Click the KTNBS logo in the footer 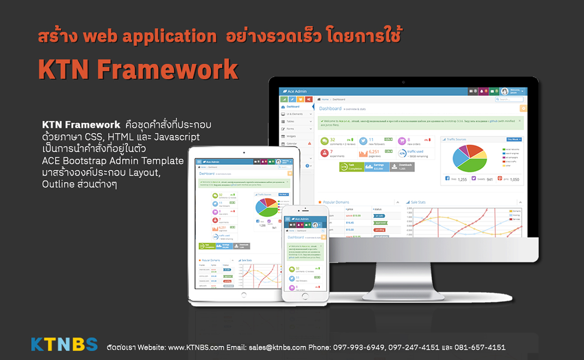click(x=64, y=344)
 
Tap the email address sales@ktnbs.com click(x=277, y=348)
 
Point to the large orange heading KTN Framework click(x=138, y=70)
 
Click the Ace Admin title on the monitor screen click(x=296, y=91)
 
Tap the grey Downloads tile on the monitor click(x=402, y=166)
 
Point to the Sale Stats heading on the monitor click(x=418, y=202)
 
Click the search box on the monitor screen click(x=510, y=99)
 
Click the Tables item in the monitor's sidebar click(x=291, y=121)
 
